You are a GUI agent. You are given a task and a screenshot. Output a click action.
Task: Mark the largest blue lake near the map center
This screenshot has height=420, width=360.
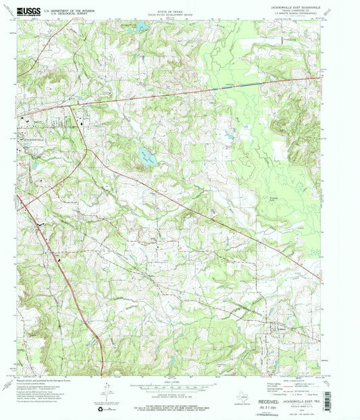(x=146, y=157)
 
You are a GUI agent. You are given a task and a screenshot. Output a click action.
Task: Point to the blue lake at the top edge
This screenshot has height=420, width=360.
(x=140, y=26)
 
